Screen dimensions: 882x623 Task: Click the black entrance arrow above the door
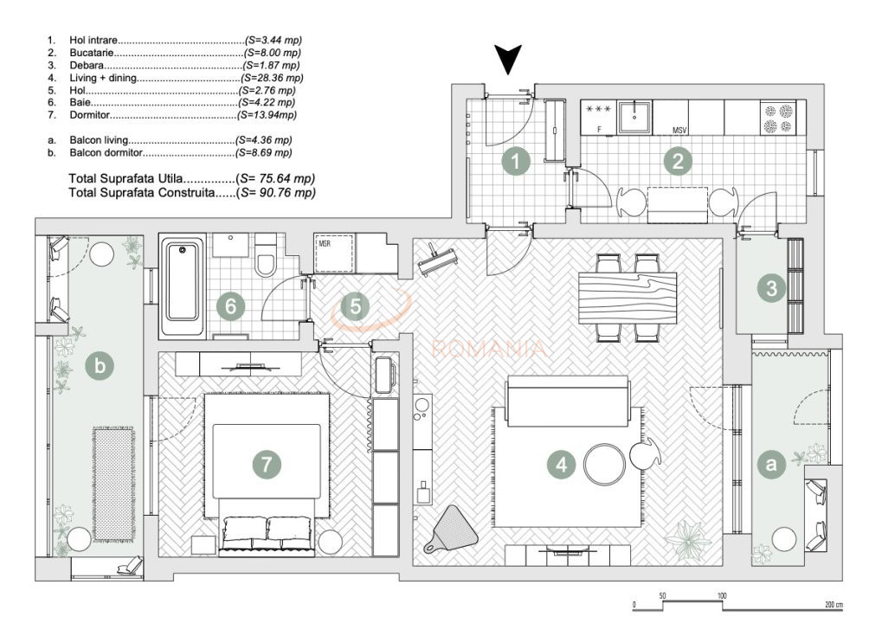pyautogui.click(x=508, y=59)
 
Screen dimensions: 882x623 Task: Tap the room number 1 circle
pyautogui.click(x=516, y=162)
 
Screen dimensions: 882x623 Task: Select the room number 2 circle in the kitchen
pyautogui.click(x=678, y=162)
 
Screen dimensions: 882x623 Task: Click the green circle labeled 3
pyautogui.click(x=772, y=288)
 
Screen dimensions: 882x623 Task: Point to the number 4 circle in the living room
pyautogui.click(x=562, y=465)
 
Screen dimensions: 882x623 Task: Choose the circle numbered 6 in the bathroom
pyautogui.click(x=230, y=306)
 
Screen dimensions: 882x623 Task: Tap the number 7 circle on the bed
pyautogui.click(x=267, y=465)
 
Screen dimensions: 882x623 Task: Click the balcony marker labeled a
pyautogui.click(x=771, y=465)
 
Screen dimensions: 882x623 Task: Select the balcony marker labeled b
pyautogui.click(x=100, y=366)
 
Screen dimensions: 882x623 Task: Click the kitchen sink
pyautogui.click(x=634, y=117)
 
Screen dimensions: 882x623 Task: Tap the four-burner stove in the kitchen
pyautogui.click(x=778, y=118)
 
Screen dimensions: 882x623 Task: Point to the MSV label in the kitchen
pyautogui.click(x=679, y=131)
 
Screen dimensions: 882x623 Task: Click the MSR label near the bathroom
pyautogui.click(x=325, y=244)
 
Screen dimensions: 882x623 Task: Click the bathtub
pyautogui.click(x=183, y=287)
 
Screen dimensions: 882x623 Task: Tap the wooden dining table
pyautogui.click(x=628, y=298)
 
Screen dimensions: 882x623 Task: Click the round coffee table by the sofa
pyautogui.click(x=605, y=465)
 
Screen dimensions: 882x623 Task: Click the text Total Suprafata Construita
pyautogui.click(x=141, y=193)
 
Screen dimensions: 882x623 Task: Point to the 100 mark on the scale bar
pyautogui.click(x=722, y=595)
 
